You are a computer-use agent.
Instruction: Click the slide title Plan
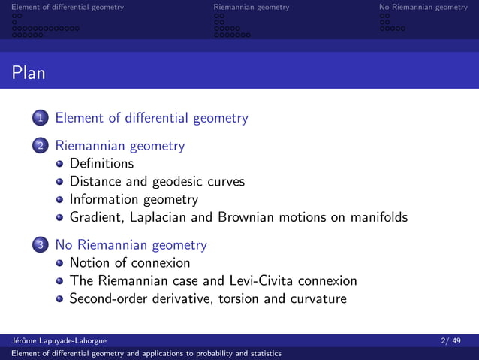pyautogui.click(x=29, y=74)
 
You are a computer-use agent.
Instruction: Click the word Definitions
pyautogui.click(x=101, y=163)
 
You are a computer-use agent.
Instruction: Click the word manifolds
pyautogui.click(x=375, y=218)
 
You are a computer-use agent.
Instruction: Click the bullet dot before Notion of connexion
pyautogui.click(x=60, y=263)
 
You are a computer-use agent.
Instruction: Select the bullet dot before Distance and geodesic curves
pyautogui.click(x=60, y=182)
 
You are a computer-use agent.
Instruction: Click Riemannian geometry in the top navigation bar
pyautogui.click(x=251, y=8)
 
